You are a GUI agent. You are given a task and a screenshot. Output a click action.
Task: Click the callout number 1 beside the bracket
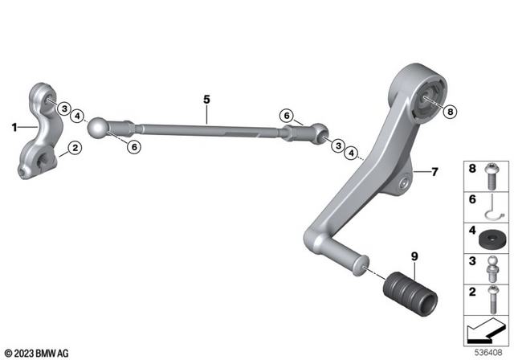point(14,126)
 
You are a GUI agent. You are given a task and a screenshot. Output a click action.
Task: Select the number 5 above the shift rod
point(206,100)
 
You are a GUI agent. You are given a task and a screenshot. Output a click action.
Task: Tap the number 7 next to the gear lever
point(434,171)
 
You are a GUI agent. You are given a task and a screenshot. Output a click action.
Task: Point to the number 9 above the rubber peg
point(414,257)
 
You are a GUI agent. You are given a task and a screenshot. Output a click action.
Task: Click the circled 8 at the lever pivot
point(449,111)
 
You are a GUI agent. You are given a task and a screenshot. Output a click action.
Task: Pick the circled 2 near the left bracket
point(73,147)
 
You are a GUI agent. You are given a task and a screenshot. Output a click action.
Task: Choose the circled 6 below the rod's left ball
point(134,146)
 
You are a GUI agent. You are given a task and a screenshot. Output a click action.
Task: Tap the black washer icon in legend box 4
point(489,239)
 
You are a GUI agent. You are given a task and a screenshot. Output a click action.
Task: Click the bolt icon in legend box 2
point(489,299)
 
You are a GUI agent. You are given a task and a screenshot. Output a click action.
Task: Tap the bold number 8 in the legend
point(472,170)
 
